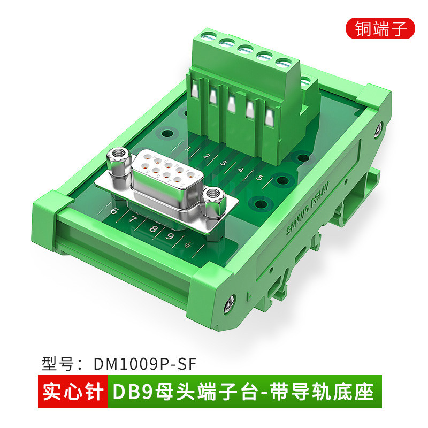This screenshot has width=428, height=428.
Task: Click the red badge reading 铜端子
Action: [x=380, y=27]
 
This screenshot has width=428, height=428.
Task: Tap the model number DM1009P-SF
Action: [x=145, y=364]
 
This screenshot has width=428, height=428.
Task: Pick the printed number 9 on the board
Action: [x=170, y=235]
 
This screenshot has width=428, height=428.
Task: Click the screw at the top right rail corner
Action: [x=379, y=128]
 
